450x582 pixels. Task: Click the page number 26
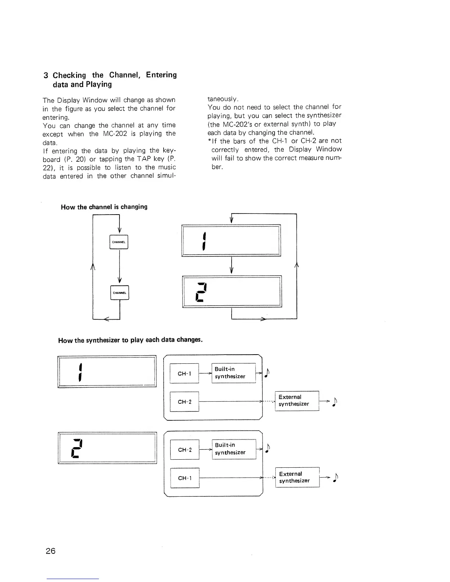tap(51, 551)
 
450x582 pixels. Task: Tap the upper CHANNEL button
tap(119, 242)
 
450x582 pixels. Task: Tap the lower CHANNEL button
tap(119, 293)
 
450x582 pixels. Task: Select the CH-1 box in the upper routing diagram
tap(184, 373)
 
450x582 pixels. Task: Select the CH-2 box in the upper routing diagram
tap(184, 402)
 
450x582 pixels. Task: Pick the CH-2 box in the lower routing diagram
tap(185, 449)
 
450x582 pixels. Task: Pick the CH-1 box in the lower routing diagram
tap(185, 478)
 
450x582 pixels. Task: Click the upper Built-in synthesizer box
tap(233, 373)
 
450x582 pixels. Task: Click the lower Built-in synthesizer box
tap(234, 449)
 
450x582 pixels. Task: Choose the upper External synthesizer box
tap(297, 400)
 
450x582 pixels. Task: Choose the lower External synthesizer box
tap(297, 477)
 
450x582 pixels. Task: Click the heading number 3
tap(46, 76)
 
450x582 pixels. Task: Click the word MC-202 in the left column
tap(114, 134)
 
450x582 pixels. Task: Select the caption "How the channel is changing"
tap(104, 207)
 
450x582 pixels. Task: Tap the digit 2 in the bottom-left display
tap(77, 448)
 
